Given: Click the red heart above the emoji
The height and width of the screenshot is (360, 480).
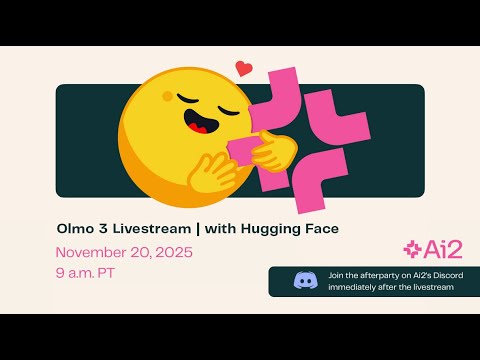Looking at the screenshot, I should (244, 69).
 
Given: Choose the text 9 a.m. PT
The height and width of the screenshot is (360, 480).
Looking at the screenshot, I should (82, 273).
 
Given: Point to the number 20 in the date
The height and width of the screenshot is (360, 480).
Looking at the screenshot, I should (135, 252).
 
